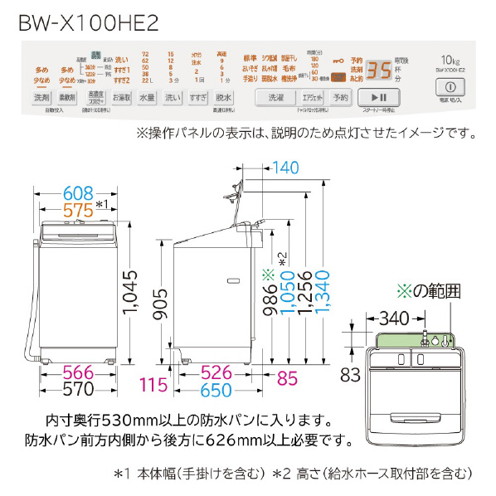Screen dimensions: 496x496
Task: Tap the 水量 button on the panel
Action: pyautogui.click(x=146, y=98)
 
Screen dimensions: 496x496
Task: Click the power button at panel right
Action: pyautogui.click(x=450, y=86)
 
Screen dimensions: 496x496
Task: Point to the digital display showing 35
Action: pyautogui.click(x=380, y=70)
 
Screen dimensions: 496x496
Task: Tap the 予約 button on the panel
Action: pyautogui.click(x=341, y=98)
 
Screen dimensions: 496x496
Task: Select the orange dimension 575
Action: pyautogui.click(x=75, y=207)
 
